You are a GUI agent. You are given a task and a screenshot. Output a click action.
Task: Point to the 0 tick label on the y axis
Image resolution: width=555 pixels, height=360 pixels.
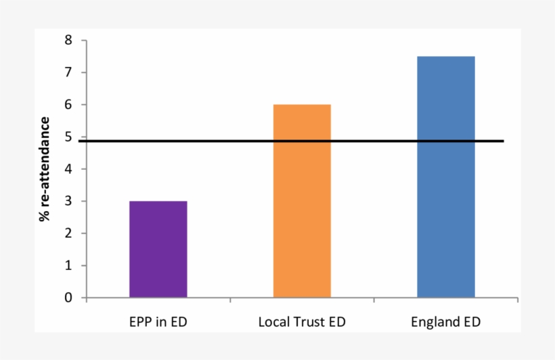68,298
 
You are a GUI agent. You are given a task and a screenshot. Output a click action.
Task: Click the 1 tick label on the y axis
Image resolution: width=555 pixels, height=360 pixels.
68,265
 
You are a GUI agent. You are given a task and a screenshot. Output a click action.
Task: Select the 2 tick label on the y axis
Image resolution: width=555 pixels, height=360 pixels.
68,233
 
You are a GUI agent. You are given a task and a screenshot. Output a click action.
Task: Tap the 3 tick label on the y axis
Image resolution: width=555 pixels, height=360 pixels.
68,201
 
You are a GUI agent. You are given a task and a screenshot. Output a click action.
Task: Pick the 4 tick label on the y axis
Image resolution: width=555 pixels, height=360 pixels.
68,169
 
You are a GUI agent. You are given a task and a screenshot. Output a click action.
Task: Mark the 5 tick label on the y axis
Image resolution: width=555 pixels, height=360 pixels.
68,137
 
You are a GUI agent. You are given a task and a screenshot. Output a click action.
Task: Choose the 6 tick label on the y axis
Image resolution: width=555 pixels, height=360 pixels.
68,105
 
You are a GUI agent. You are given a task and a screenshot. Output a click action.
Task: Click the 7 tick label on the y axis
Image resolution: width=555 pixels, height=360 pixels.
68,72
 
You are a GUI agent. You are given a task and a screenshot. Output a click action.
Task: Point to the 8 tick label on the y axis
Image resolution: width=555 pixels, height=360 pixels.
68,41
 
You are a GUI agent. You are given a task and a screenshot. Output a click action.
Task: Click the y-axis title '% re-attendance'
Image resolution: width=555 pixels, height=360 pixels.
45,169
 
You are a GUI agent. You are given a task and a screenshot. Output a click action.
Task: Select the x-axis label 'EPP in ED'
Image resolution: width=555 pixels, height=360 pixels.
158,322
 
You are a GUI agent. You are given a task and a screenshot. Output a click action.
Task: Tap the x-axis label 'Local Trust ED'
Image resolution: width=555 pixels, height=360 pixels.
302,322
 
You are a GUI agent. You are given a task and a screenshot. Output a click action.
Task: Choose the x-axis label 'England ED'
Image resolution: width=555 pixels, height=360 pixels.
445,322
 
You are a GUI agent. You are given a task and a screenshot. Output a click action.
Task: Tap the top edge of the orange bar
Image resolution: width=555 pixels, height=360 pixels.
302,105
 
